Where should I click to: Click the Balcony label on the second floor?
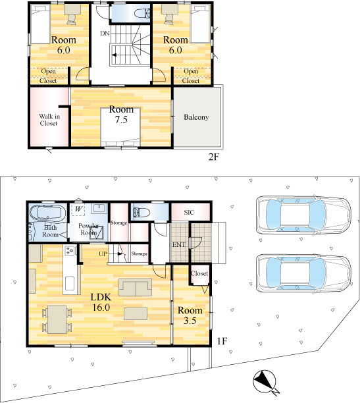(196, 117)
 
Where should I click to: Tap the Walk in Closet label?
(49, 120)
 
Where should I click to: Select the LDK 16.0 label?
(101, 302)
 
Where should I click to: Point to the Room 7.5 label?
(121, 115)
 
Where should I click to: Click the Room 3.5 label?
(190, 315)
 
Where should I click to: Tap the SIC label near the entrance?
(189, 213)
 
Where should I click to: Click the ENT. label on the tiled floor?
(180, 245)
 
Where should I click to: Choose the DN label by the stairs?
(105, 33)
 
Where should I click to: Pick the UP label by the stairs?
(103, 254)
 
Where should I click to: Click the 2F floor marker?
(213, 157)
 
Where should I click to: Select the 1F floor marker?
(222, 341)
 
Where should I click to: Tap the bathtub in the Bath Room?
(48, 213)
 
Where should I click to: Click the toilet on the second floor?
(142, 13)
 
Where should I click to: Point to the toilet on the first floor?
(141, 212)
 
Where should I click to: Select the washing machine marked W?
(78, 209)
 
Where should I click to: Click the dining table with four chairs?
(57, 319)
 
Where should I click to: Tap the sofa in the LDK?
(135, 287)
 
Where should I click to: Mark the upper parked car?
(303, 215)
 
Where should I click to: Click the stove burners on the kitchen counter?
(69, 250)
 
